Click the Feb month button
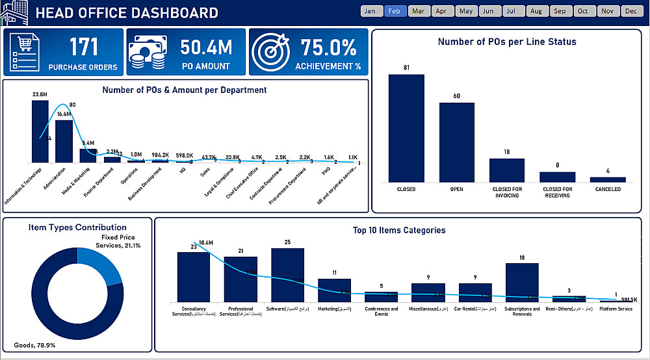pos(395,11)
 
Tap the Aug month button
pos(535,11)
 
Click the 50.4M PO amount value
pos(205,47)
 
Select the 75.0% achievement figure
pos(328,47)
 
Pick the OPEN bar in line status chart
pos(456,142)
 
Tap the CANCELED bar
pos(608,179)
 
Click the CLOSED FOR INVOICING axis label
pos(506,192)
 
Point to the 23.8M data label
pos(40,95)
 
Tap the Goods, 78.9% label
pos(36,345)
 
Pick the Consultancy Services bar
pos(193,277)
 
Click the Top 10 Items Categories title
pos(398,230)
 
